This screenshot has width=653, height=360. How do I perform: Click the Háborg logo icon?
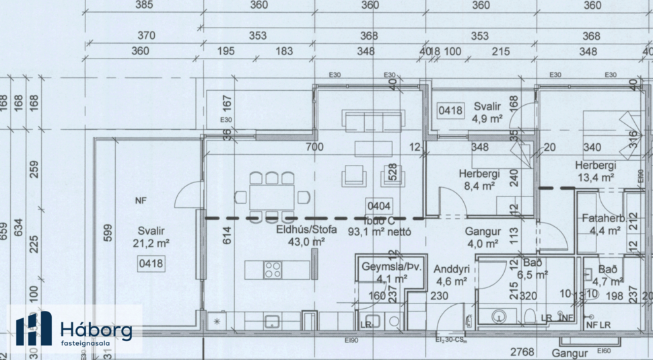[34, 329]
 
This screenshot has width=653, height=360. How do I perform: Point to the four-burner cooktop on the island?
[273, 269]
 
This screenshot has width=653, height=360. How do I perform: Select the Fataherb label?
[604, 218]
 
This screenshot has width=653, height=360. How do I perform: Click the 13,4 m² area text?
[595, 178]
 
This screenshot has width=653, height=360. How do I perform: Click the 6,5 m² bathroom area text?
[532, 274]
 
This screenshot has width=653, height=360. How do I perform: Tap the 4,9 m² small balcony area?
[487, 118]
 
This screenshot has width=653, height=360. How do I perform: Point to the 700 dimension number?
[314, 147]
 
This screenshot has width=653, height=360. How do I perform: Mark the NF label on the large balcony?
[140, 200]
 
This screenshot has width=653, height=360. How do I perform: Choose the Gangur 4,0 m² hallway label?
[481, 237]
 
